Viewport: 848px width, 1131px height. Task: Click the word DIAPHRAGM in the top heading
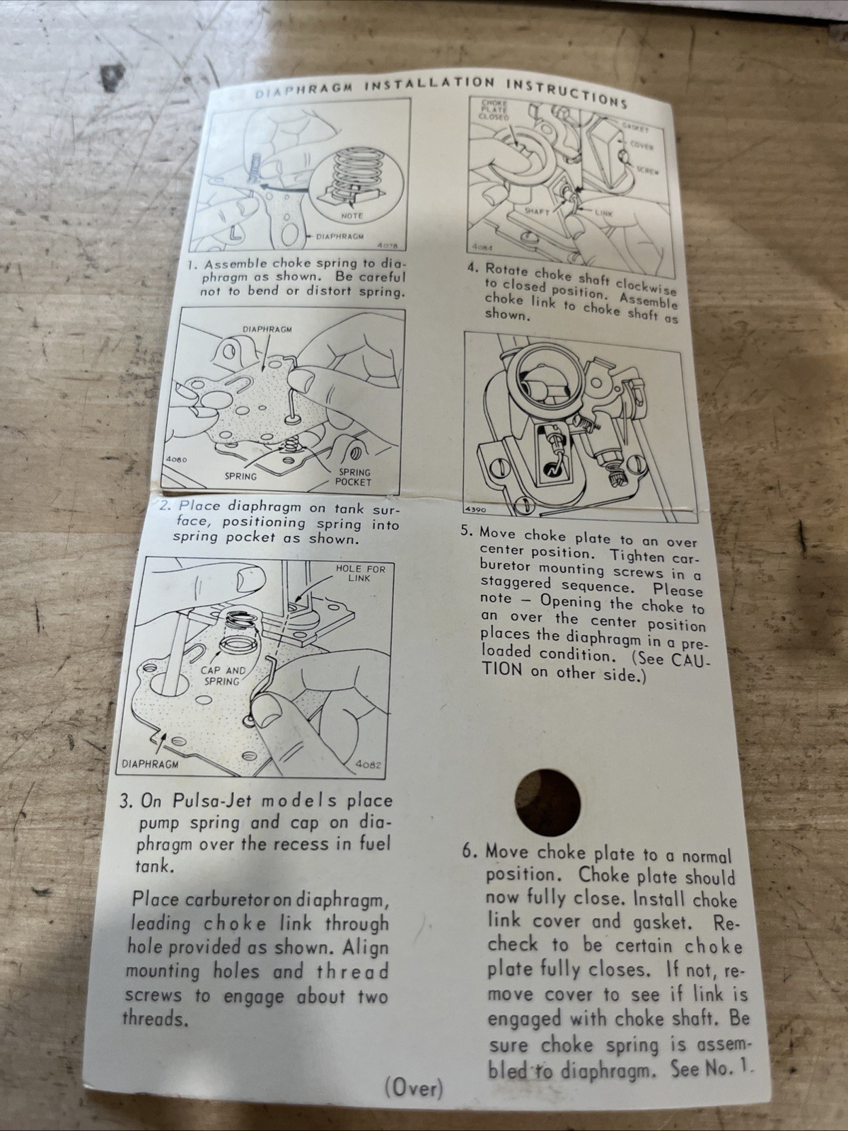tap(305, 90)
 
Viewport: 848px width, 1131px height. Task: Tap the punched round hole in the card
tap(547, 803)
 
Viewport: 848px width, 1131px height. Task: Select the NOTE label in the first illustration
tap(352, 216)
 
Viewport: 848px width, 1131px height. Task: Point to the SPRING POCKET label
tap(353, 477)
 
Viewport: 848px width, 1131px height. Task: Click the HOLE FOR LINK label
tap(360, 573)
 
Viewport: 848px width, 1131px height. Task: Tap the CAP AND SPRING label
tap(223, 676)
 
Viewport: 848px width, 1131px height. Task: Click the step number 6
tap(468, 851)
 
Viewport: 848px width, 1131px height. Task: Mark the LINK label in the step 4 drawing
tap(603, 213)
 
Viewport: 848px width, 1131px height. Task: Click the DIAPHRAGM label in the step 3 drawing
tap(151, 764)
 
